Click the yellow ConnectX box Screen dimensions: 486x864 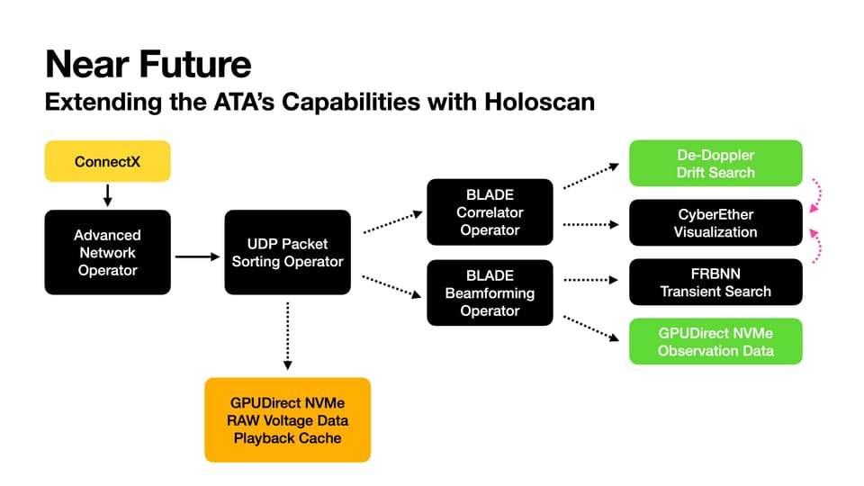point(107,163)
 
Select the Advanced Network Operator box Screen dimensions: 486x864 point(107,252)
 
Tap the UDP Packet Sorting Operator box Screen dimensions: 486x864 point(287,252)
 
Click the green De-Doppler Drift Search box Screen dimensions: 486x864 point(715,163)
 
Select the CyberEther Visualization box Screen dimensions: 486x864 point(715,222)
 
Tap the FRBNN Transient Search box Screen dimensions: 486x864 point(715,282)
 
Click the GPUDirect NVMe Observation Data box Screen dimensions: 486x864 point(715,341)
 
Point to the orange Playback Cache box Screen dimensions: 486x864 point(287,419)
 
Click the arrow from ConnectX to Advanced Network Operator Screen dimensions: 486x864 point(107,195)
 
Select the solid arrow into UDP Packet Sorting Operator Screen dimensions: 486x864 point(197,256)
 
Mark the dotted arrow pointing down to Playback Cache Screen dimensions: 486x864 point(287,336)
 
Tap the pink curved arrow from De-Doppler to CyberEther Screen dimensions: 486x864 point(819,193)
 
